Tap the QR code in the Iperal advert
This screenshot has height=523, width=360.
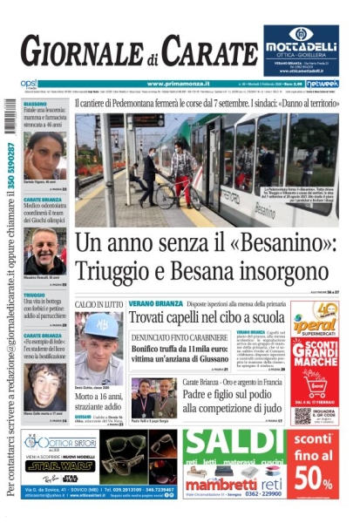(x=302, y=415)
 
